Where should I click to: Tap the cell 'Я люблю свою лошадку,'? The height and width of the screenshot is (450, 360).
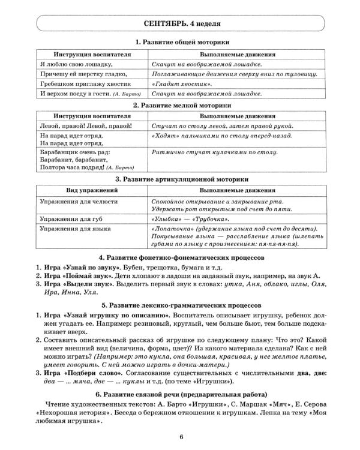[75, 64]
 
